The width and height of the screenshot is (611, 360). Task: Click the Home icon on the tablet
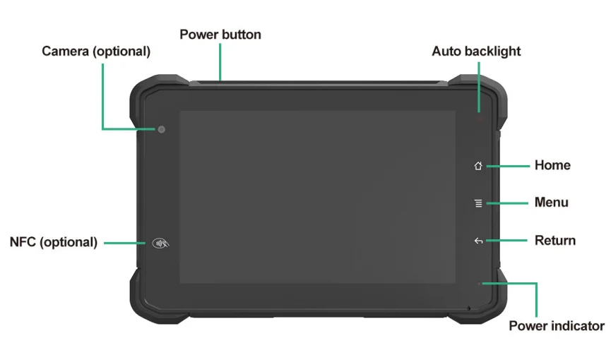pyautogui.click(x=478, y=166)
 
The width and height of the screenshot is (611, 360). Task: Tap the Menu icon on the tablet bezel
pyautogui.click(x=478, y=203)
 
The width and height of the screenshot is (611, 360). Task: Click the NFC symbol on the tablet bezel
pyautogui.click(x=161, y=244)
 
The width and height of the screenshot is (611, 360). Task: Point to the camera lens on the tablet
pyautogui.click(x=162, y=129)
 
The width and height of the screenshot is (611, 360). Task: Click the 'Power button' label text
pyautogui.click(x=220, y=34)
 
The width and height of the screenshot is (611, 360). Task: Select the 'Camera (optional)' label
pyautogui.click(x=96, y=52)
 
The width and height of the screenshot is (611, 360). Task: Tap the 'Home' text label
pyautogui.click(x=552, y=165)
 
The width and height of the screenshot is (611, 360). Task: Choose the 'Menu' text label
pyautogui.click(x=551, y=203)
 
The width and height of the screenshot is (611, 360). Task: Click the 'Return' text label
pyautogui.click(x=554, y=240)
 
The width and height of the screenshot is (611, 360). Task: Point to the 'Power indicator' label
pyautogui.click(x=557, y=325)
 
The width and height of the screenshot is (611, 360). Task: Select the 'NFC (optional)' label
pyautogui.click(x=54, y=242)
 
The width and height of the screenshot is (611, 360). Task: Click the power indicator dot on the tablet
pyautogui.click(x=480, y=284)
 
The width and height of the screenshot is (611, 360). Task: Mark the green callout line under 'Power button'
pyautogui.click(x=220, y=62)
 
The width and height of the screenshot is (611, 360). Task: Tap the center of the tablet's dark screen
pyautogui.click(x=317, y=197)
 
